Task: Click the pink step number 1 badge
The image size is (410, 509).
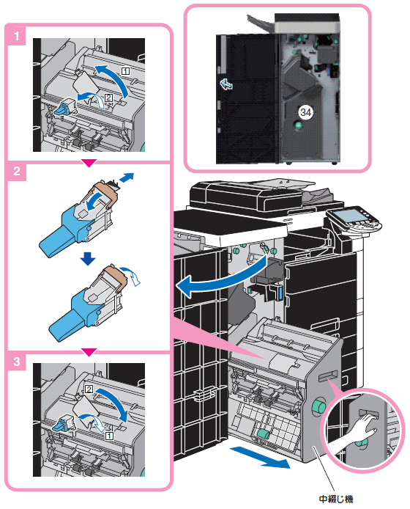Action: tap(16, 35)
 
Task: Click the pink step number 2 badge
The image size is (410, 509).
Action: tap(16, 171)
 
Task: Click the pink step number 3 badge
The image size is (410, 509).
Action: tap(16, 361)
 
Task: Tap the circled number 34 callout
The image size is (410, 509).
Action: tap(305, 112)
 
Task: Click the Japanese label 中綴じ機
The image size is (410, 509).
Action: tap(336, 499)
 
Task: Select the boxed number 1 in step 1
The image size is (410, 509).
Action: tap(125, 70)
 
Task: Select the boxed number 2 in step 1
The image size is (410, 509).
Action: tap(108, 98)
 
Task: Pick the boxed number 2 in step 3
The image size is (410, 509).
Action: tap(89, 389)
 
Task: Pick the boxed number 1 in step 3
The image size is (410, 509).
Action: tap(110, 436)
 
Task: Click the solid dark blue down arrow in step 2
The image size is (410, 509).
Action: tap(88, 259)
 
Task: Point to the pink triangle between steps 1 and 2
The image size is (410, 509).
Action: tap(89, 163)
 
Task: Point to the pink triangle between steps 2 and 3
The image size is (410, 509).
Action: tap(89, 352)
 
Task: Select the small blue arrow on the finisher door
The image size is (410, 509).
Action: tap(226, 84)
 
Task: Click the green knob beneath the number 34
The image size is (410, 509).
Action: tap(297, 125)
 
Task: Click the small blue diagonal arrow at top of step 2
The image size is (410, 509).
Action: tap(126, 177)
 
